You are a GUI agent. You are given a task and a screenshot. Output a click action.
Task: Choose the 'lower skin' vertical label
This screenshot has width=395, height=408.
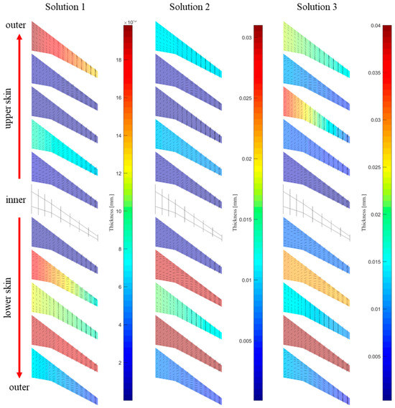9,294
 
